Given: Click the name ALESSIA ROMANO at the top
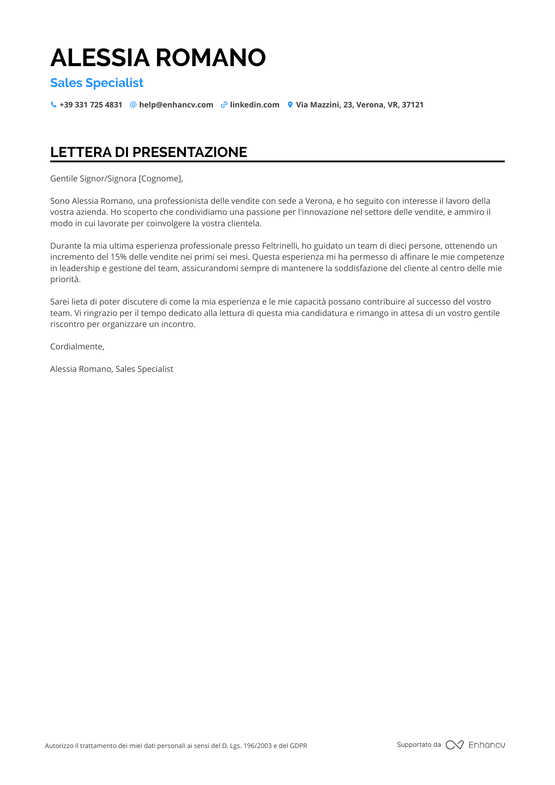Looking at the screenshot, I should pos(158,57).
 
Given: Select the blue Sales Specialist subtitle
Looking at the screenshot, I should pos(97,83).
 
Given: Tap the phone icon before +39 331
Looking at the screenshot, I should pos(54,105).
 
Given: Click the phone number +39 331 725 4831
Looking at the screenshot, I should pos(91,105).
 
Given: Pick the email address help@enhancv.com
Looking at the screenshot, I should pos(176,105).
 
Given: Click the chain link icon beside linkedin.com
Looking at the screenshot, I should pos(224,105).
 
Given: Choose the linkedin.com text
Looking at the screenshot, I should pos(255,105).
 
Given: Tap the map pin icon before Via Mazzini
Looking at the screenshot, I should pos(290,105).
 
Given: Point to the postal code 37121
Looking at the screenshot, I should pos(413,105).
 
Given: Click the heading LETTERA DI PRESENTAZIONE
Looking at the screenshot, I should pos(148,152).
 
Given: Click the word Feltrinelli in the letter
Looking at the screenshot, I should pos(280,246).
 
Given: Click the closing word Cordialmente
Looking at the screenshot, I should pos(77,347).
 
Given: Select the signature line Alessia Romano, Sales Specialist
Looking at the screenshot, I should pos(112,369).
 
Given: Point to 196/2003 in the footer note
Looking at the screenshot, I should pos(257,746).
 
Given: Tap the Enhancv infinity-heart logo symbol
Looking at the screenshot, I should pos(454,745).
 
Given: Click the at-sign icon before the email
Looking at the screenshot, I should pos(133,105).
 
